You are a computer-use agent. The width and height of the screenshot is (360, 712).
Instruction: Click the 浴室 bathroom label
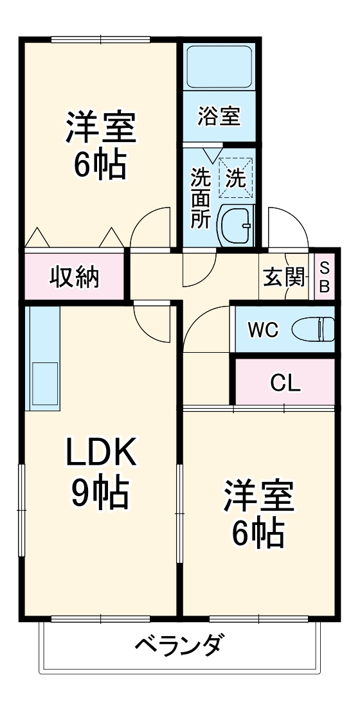(x=219, y=116)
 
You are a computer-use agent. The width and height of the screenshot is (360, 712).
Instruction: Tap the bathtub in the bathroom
(x=220, y=66)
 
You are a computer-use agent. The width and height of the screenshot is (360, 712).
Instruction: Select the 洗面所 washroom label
(x=201, y=197)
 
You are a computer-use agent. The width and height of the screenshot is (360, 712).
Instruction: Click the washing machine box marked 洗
(x=236, y=175)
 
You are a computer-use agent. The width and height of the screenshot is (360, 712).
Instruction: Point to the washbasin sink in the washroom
(x=236, y=226)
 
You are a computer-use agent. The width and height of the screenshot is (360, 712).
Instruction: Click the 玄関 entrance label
(x=283, y=278)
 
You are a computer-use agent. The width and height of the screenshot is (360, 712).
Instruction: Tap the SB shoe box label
(x=325, y=277)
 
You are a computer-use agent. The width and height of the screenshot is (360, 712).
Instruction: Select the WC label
(x=264, y=330)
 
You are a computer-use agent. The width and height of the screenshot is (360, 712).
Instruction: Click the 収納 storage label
(x=75, y=277)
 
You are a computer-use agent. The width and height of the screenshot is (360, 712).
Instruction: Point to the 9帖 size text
(x=100, y=494)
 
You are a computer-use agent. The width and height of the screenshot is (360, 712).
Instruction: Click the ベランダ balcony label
(x=180, y=643)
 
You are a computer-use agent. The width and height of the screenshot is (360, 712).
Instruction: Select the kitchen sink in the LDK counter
(x=42, y=384)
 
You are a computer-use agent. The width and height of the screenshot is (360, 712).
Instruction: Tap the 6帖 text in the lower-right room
(x=258, y=532)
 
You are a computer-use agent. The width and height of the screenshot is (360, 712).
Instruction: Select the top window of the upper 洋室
(x=100, y=40)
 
